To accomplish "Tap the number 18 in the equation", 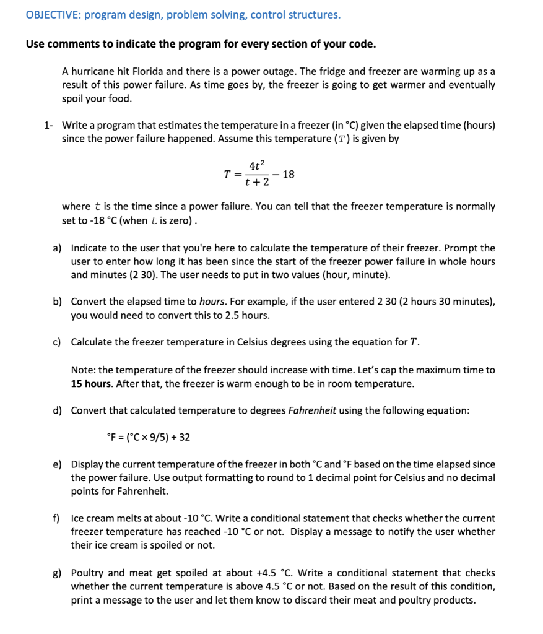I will (288, 174).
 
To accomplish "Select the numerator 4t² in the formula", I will (257, 165).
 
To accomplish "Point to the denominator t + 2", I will (257, 183).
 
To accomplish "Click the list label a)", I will (57, 248).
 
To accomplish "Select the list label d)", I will (57, 410).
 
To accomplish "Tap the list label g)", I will (57, 573).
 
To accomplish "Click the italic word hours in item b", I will (212, 302).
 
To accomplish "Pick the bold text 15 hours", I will (94, 383).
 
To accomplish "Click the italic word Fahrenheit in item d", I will (312, 410).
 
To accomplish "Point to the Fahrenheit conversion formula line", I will (149, 437).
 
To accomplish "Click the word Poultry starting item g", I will (88, 573).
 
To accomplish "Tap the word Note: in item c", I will (83, 370).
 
